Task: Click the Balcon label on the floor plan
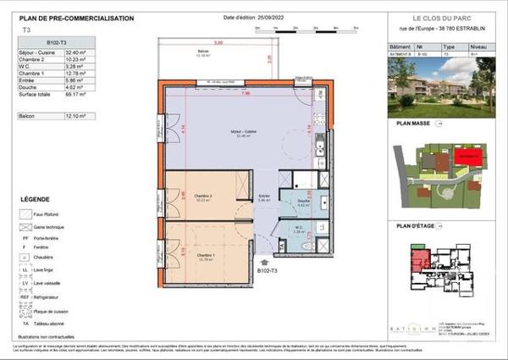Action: coord(202,53)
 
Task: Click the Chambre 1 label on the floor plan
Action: coord(206,255)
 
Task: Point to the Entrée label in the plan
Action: coord(264,197)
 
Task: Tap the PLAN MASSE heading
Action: coord(414,123)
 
